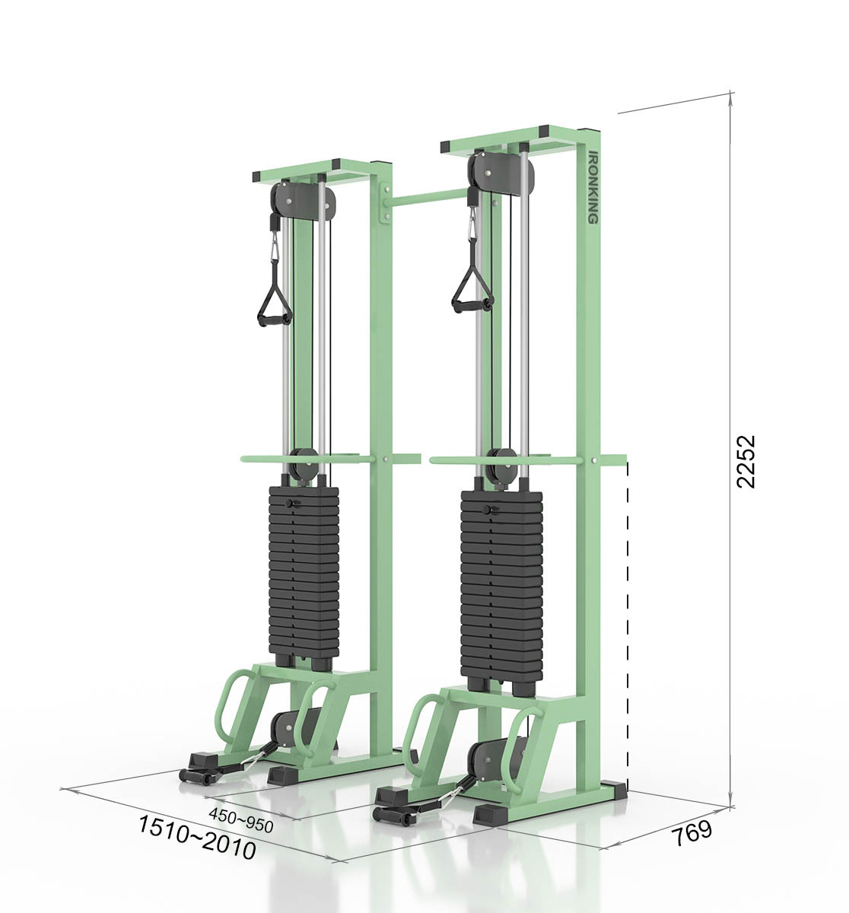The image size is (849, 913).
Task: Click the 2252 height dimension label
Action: (745, 461)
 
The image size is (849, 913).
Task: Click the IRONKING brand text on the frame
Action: (593, 186)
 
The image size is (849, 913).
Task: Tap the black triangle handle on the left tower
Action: (275, 297)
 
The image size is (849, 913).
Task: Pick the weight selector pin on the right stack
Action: (487, 509)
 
